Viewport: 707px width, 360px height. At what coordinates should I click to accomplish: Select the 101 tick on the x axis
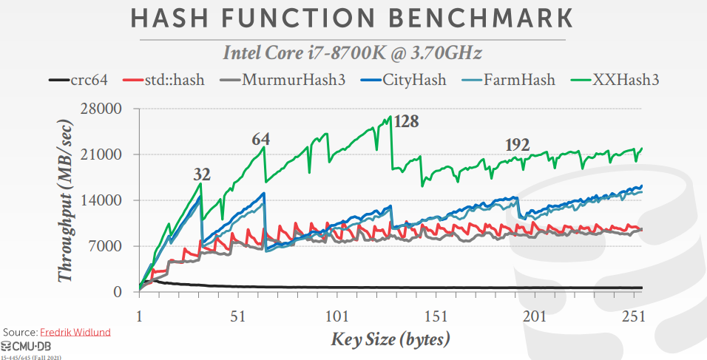[336, 316]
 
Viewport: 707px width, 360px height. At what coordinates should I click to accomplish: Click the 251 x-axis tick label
[632, 316]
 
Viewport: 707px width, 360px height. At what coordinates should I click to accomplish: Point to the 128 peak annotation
[406, 121]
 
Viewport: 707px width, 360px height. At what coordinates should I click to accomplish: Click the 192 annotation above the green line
[517, 146]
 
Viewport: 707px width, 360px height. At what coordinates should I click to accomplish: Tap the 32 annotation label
[202, 174]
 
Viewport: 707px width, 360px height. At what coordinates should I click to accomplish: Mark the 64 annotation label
[260, 139]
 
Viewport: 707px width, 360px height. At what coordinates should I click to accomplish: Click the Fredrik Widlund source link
[76, 333]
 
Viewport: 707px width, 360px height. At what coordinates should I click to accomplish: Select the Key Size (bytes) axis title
[390, 340]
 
